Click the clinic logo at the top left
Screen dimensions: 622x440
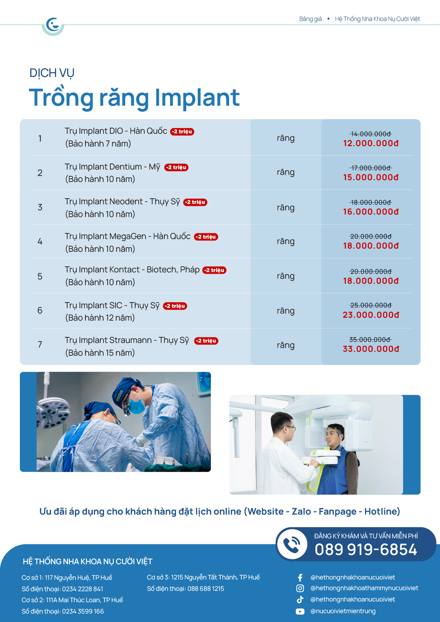coord(53,25)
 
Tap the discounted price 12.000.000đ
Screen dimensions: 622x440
coord(371,143)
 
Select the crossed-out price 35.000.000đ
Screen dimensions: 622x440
coord(370,340)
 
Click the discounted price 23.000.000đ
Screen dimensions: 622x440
coord(371,315)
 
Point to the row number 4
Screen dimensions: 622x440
coord(40,241)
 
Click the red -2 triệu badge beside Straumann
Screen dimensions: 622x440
coord(206,341)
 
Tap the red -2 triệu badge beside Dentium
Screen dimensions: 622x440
coord(176,167)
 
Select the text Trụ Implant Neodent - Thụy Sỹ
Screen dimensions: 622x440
coord(122,202)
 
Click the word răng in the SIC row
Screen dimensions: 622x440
coord(286,311)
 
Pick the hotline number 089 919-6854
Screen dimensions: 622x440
coord(366,550)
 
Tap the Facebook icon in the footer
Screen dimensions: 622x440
coord(300,578)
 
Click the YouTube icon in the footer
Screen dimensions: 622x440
coord(300,611)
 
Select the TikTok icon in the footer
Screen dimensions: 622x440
coord(300,600)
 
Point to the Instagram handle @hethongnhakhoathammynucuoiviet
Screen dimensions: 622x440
coord(364,588)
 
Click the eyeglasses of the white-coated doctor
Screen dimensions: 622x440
coord(289,428)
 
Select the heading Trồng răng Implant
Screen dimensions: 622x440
coord(134,98)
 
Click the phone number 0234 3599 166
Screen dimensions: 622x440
coord(83,611)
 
